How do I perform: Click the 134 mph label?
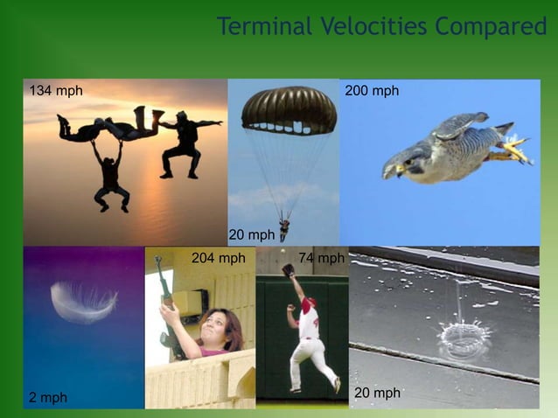(x=56, y=91)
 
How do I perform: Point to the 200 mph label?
(x=372, y=91)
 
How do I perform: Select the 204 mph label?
(x=218, y=258)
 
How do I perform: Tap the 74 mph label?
(x=321, y=258)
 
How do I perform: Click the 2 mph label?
(x=48, y=398)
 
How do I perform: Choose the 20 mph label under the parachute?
(x=251, y=234)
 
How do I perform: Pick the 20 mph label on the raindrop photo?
(x=377, y=394)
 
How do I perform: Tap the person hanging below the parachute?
(x=283, y=229)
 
